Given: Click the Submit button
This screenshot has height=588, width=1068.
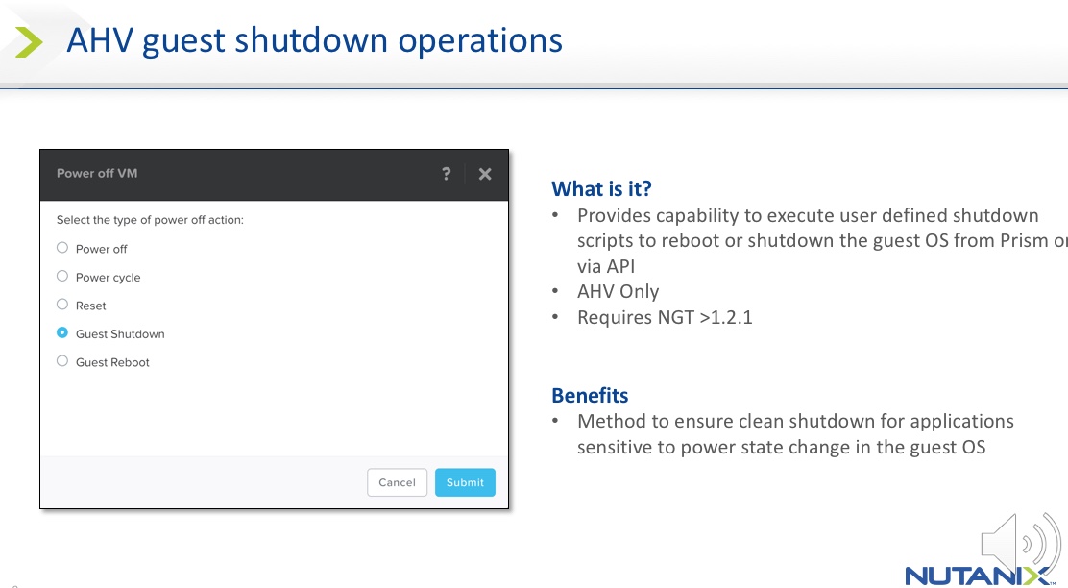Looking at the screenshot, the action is [465, 482].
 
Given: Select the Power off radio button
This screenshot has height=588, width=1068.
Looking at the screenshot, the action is [62, 248].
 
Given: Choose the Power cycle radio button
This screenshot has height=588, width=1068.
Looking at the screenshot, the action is [62, 276].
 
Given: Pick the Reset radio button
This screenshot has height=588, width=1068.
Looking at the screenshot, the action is [62, 305].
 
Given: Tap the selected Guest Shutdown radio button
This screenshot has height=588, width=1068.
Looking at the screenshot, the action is [62, 333].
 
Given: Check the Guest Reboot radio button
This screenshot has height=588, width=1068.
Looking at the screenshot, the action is [62, 361].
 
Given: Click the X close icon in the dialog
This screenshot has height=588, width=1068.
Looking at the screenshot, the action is [485, 175].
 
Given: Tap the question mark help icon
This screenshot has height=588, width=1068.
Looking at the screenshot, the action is [447, 174].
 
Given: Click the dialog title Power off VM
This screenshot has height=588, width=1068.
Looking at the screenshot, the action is [97, 173].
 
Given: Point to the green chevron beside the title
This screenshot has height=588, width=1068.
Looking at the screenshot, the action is [29, 42].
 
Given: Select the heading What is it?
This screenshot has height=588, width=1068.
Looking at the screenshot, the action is [601, 188].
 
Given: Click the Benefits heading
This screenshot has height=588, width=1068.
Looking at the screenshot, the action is [590, 396].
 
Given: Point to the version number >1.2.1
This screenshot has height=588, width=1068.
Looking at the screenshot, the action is [726, 317].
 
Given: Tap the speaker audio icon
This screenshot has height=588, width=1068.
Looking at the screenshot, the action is [1020, 544].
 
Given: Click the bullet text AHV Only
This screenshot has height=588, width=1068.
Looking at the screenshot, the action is [618, 292].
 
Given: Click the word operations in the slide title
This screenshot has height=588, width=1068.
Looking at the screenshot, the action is [480, 41].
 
